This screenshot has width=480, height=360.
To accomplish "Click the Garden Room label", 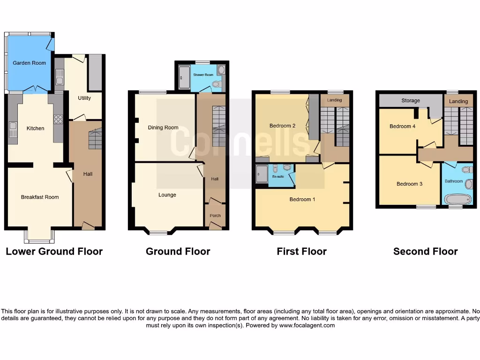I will coord(29,63).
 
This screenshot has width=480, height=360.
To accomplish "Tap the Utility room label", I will coord(84,98).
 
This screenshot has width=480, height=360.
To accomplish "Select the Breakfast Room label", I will coord(40,197).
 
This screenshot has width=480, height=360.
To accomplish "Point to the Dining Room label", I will coord(163,127).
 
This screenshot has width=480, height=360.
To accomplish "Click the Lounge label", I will coord(167,195).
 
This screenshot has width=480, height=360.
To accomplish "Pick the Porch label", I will coord(215,216).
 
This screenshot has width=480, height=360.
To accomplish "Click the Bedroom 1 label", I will coord(302,200).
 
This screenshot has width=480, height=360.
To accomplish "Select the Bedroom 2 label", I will coord(282,126).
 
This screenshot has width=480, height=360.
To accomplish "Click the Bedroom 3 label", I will coord(409,184).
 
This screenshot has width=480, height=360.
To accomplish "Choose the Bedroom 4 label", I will coord(402,126).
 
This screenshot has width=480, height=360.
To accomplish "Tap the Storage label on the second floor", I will coord(411,101).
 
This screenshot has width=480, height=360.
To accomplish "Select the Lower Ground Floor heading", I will coord(54,251).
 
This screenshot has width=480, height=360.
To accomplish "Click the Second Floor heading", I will coord(425,251).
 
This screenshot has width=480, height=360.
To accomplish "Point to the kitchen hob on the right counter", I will coord(59,120).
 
